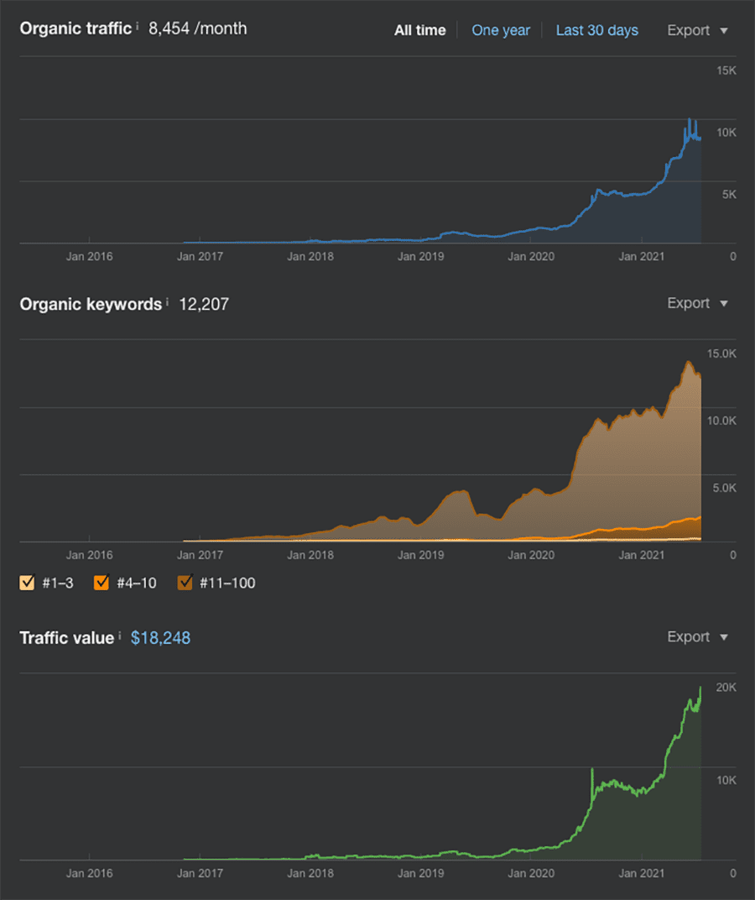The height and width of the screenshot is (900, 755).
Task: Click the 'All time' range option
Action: coord(419,30)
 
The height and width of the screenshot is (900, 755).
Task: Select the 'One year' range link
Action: coord(501,30)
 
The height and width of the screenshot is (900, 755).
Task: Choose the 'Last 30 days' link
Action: coord(596,30)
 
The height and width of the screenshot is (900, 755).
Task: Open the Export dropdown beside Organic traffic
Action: coord(697,30)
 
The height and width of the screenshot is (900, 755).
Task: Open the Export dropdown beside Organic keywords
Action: coord(697,303)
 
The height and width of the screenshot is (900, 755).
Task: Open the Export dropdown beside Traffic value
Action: coord(697,636)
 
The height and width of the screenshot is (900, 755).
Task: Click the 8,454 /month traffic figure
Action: coord(197,29)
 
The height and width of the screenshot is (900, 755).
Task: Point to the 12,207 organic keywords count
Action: coord(203,304)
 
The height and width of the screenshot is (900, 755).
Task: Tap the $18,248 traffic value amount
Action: coord(160,638)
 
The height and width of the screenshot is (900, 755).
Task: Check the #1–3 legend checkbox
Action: coord(27,583)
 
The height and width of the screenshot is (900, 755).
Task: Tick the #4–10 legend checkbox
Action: coord(102,583)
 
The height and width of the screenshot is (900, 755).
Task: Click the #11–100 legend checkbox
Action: coord(186,583)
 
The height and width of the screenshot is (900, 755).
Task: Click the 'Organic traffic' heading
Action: coord(75,29)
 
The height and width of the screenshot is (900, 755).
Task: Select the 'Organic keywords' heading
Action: coord(91,304)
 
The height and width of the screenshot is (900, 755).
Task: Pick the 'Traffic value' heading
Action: coord(66,638)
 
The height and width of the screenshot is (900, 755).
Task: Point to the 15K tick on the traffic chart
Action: coord(726,71)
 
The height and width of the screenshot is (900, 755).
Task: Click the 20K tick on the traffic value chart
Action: coord(726,688)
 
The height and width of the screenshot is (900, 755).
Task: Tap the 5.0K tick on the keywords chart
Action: coord(722,488)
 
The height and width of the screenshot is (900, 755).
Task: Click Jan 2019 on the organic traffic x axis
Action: coord(420,257)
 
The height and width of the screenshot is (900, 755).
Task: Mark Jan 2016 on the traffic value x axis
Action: coord(89,873)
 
